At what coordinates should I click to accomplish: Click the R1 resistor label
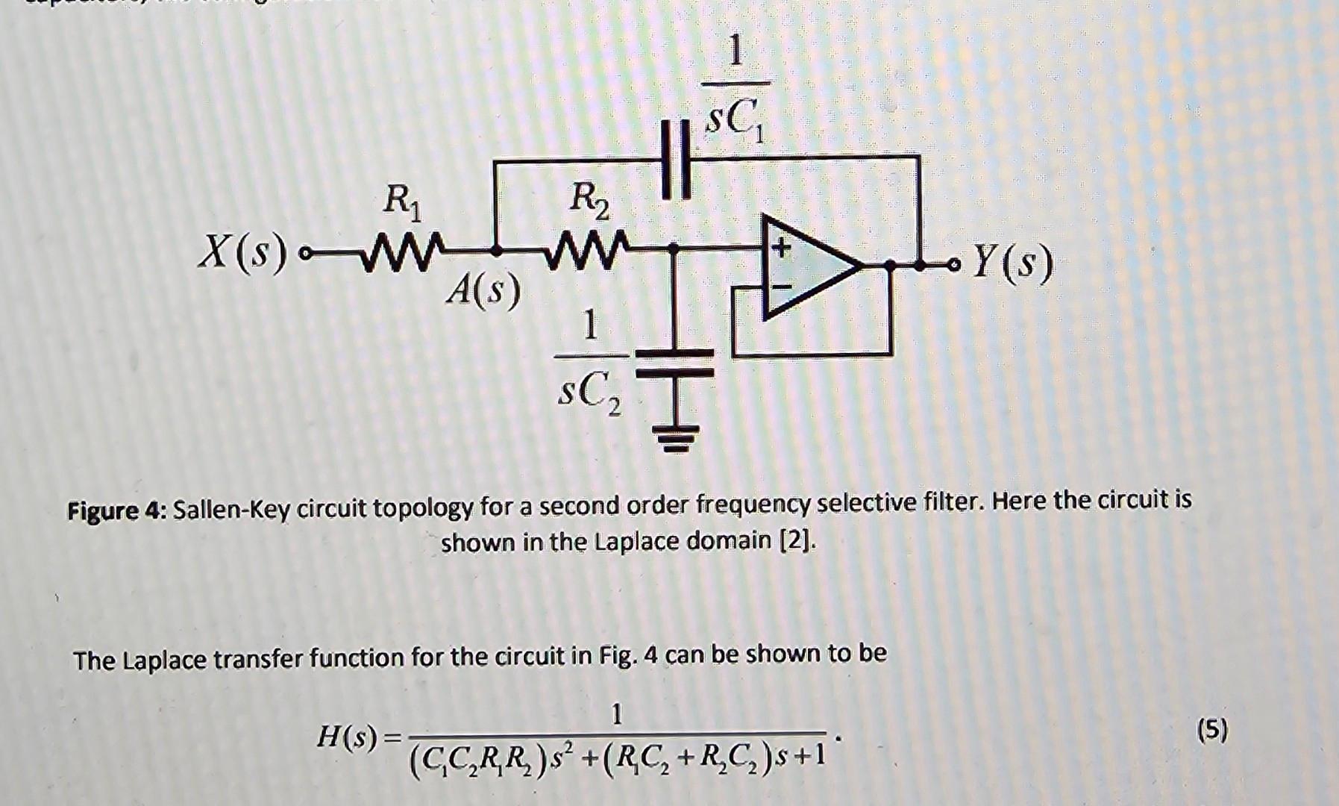[401, 203]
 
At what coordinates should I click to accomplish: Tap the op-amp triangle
[806, 265]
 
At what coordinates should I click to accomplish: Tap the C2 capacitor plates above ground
[675, 362]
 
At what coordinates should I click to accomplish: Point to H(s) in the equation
[348, 737]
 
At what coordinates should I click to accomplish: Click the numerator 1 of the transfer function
[616, 714]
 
